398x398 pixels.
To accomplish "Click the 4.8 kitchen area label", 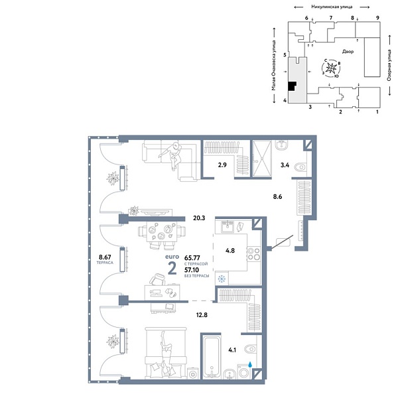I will (x=230, y=251).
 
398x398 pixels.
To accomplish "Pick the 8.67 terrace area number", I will (x=103, y=257).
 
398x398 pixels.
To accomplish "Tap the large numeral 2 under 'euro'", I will (x=172, y=268).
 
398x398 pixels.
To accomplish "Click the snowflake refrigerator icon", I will (x=222, y=279).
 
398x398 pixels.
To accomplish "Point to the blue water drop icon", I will (x=250, y=364).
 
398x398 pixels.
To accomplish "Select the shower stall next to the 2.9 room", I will (x=262, y=159).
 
